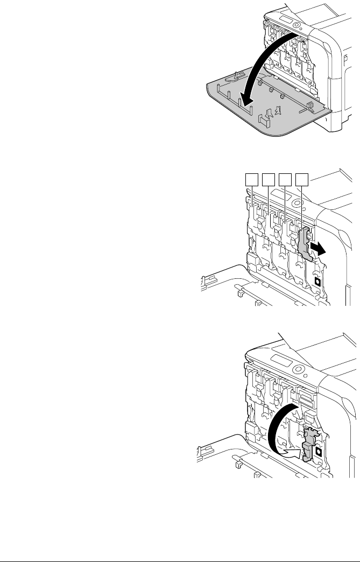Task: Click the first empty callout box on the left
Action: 251,179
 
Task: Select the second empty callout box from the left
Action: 269,179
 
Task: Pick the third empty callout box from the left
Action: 286,179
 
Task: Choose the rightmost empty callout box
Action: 303,179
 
